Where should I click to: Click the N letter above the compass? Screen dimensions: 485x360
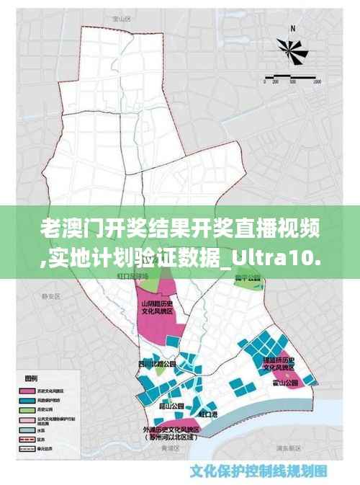coord(294,29)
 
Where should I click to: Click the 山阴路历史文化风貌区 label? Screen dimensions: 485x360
coord(156,311)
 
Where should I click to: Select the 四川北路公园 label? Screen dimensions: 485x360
coord(156,363)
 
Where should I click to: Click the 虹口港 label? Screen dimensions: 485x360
coord(208,414)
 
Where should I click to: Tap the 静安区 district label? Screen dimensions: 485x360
coord(48,295)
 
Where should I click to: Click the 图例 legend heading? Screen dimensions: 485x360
coord(31,377)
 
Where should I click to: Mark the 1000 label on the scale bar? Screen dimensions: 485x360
coord(318,83)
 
